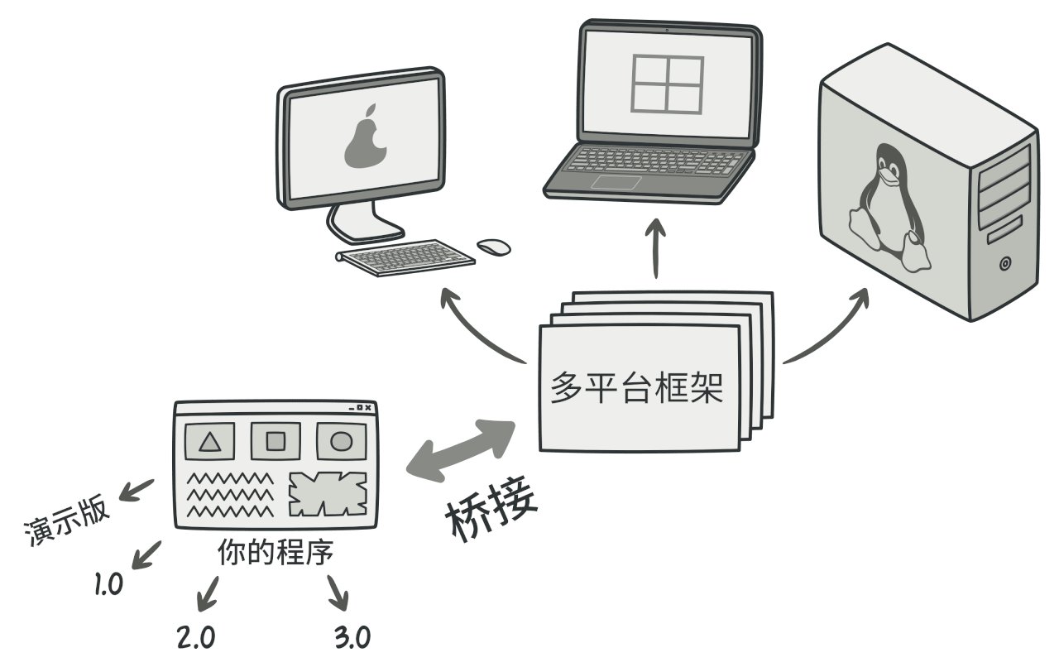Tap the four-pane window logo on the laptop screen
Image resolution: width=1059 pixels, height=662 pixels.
667,84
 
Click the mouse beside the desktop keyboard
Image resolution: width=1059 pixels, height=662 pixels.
494,246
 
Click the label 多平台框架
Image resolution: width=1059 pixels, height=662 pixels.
637,388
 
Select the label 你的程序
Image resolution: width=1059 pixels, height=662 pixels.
276,554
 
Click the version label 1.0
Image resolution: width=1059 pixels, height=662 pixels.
108,585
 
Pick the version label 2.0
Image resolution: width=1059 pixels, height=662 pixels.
196,636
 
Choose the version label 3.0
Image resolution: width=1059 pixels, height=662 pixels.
352,636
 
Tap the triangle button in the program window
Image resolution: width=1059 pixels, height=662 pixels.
210,442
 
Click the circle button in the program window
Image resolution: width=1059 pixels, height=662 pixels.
341,442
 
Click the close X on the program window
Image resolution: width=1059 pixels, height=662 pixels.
368,408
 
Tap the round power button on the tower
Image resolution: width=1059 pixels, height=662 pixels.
1005,265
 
